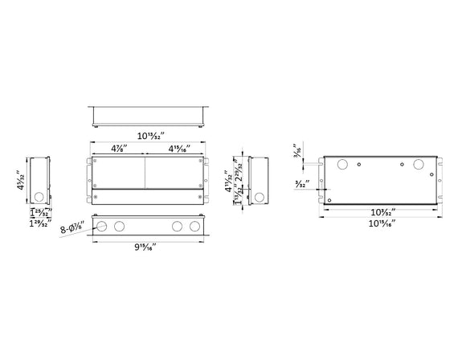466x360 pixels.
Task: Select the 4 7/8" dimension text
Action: [116, 149]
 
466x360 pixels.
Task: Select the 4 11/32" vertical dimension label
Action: [230, 170]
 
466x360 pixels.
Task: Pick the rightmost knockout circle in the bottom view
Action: [194, 227]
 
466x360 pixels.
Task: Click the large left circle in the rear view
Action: [341, 165]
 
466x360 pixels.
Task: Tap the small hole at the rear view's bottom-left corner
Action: [329, 200]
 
